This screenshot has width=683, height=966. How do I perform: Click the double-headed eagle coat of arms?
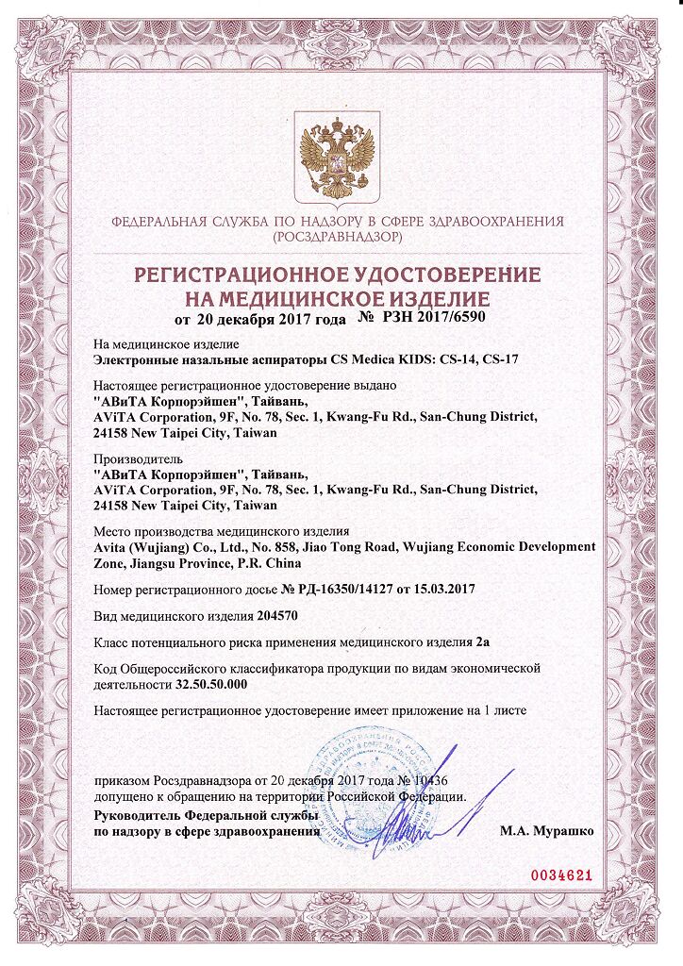click(338, 157)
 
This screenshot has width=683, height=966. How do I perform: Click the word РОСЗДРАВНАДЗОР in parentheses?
click(337, 237)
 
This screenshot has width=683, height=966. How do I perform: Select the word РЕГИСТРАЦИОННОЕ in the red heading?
click(242, 277)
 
